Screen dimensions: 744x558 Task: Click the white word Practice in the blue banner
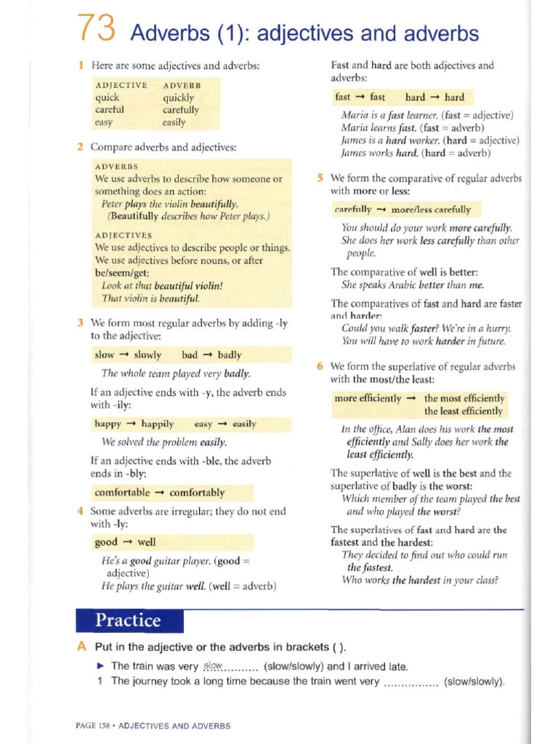pyautogui.click(x=129, y=620)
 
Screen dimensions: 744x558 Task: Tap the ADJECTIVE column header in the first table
pyautogui.click(x=121, y=85)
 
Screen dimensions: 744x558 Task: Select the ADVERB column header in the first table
pyautogui.click(x=182, y=85)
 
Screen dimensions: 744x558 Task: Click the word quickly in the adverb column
pyautogui.click(x=179, y=97)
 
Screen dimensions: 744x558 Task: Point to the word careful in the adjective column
pyautogui.click(x=110, y=110)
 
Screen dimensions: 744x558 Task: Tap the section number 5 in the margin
pyautogui.click(x=320, y=178)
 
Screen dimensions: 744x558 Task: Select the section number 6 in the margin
pyautogui.click(x=320, y=366)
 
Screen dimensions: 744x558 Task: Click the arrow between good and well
pyautogui.click(x=127, y=542)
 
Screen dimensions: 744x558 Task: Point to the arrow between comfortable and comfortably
pyautogui.click(x=160, y=493)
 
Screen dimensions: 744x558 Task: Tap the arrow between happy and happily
pyautogui.click(x=131, y=424)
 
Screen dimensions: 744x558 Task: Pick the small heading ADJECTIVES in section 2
pyautogui.click(x=124, y=235)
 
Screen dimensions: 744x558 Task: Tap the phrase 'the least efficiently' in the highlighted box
pyautogui.click(x=464, y=411)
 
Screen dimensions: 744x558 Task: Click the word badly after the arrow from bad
pyautogui.click(x=230, y=355)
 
